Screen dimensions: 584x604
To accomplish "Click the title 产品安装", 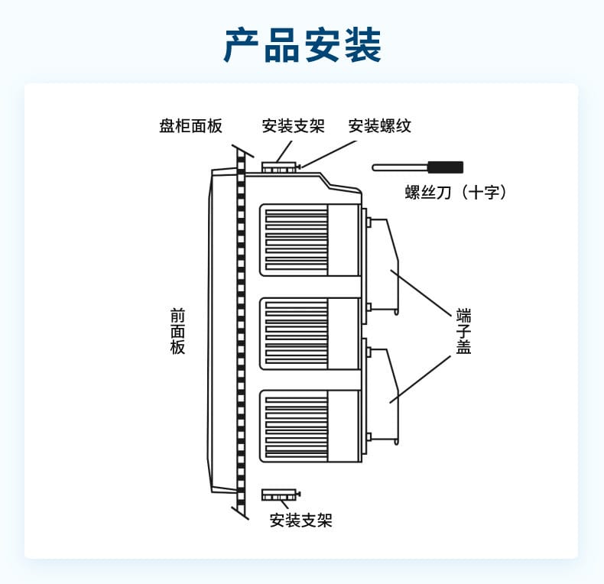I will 302,46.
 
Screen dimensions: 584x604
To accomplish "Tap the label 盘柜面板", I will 190,126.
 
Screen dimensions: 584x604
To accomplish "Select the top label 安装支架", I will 293,126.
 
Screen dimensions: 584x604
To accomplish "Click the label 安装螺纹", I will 380,126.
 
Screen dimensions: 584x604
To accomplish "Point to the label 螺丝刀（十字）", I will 456,192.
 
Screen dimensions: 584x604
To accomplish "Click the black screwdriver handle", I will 445,167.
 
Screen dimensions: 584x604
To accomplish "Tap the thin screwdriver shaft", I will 400,167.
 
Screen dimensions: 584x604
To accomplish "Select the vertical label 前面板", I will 177,331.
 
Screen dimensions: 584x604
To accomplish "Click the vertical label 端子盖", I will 463,331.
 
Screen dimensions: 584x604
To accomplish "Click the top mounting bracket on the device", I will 279,166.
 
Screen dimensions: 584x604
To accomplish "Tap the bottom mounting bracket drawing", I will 280,495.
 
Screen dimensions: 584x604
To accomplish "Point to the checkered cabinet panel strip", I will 241,336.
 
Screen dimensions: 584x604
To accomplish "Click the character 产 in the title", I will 242,46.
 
